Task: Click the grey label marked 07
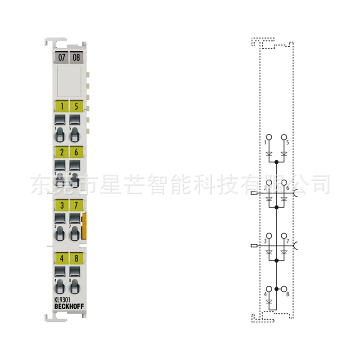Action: [x=61, y=58]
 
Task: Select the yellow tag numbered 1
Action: [x=61, y=107]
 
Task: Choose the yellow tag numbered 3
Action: [x=61, y=205]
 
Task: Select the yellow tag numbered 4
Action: [x=61, y=259]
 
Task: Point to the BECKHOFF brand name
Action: [x=68, y=306]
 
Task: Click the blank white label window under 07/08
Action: [x=69, y=81]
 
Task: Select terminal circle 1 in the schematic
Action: [x=269, y=137]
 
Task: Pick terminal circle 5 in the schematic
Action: [x=284, y=137]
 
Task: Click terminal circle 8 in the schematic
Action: [x=284, y=288]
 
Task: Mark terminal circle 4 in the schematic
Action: [x=269, y=288]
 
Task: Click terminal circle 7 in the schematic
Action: [x=284, y=236]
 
